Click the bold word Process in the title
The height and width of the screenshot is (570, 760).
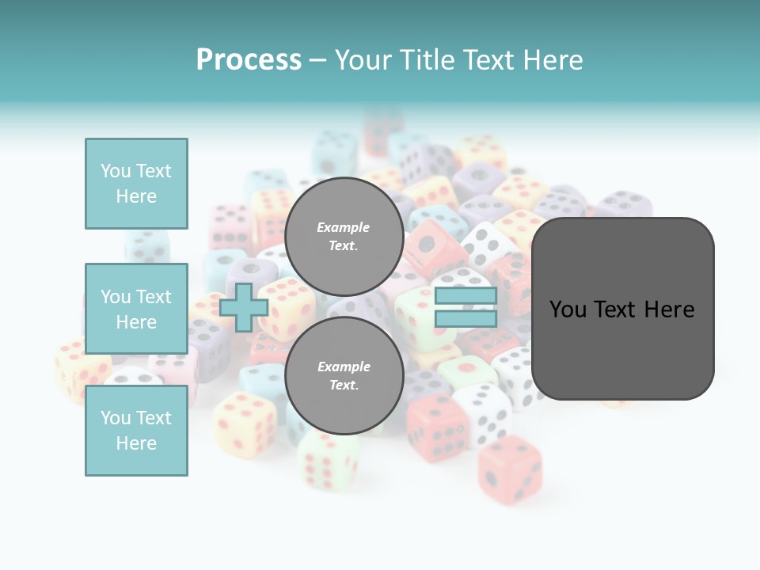point(249,60)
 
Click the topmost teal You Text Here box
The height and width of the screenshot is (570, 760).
point(136,184)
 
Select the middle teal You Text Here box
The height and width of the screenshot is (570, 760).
point(136,309)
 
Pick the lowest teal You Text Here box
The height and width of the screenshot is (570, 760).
point(136,431)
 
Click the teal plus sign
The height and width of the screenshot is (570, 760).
point(243,307)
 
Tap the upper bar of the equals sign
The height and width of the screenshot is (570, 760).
point(465,295)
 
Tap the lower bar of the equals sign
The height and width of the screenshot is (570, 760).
point(465,319)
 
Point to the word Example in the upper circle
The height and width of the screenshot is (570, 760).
point(343,227)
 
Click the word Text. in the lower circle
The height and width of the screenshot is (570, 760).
point(344,385)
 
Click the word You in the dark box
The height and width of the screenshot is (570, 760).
point(568,309)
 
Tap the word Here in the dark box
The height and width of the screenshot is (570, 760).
point(669,309)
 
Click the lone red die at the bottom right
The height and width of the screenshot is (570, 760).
point(510,469)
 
